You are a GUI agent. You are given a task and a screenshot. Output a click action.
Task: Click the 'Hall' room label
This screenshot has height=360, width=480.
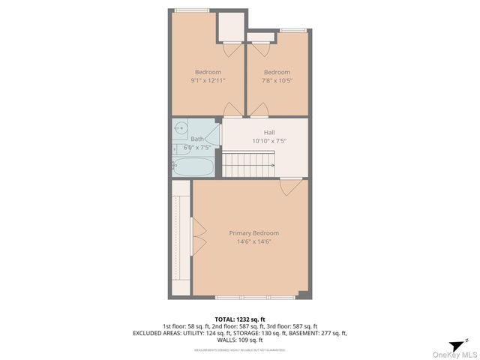pos(268,132)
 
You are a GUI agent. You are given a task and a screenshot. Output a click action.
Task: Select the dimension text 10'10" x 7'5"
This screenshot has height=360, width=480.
pos(268,140)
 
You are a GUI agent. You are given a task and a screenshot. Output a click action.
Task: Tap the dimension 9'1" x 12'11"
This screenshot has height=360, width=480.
pos(208,80)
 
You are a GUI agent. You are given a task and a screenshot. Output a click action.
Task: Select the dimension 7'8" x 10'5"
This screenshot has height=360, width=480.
pos(277,80)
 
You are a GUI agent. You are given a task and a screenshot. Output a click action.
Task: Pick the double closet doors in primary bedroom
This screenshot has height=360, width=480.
pos(199,238)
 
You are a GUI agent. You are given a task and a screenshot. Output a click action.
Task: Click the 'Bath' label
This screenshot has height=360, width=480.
pos(196,139)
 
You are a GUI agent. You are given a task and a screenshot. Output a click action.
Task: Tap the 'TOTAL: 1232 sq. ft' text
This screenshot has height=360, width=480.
pos(240,319)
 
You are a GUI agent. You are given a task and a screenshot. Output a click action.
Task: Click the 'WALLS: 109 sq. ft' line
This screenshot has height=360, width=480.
pos(240,340)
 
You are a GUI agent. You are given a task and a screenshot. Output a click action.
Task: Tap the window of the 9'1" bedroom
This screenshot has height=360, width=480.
pos(192,10)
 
